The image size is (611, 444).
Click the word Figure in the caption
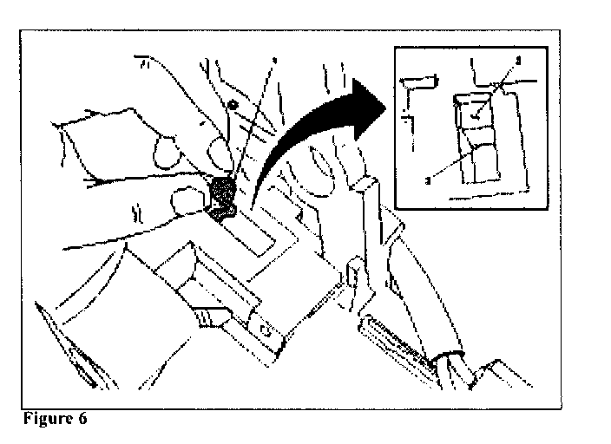point(44,418)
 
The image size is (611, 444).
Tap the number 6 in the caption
point(82,418)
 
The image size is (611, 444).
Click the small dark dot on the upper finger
point(232,104)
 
